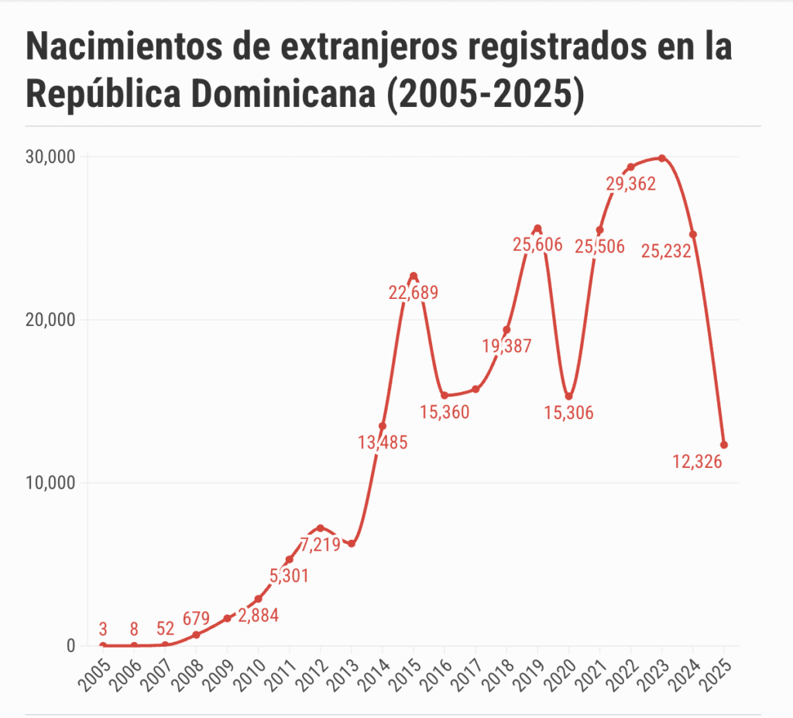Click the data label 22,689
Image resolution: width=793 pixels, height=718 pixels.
tap(414, 293)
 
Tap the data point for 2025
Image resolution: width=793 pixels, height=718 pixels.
tap(724, 445)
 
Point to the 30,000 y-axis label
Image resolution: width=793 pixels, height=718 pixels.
tap(49, 157)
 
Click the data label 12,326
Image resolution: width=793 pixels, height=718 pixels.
tap(697, 462)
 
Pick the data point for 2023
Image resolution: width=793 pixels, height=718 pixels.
tap(662, 158)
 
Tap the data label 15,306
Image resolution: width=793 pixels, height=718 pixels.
tap(568, 414)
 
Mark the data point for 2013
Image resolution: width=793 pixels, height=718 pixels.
tap(352, 544)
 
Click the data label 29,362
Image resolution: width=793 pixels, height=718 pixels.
tap(630, 184)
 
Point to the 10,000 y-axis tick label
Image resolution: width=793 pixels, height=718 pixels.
tap(49, 483)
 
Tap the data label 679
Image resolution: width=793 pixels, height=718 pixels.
tap(197, 619)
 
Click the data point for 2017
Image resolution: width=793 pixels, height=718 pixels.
tap(475, 389)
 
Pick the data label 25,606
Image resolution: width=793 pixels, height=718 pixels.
tap(537, 246)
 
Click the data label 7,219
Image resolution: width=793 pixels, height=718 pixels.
tap(321, 545)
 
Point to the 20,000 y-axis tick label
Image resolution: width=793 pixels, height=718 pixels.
tap(49, 320)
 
